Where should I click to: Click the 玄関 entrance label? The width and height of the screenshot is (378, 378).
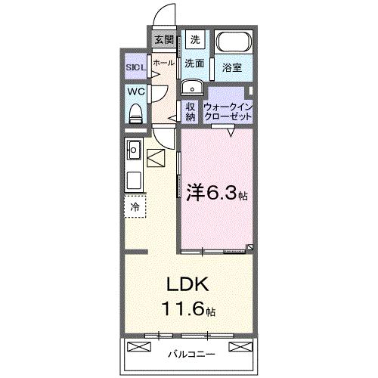point(164,39)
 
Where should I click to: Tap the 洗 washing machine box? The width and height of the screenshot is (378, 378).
point(195,39)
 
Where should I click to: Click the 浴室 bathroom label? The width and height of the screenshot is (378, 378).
point(233,67)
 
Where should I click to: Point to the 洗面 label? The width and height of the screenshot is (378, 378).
point(195,64)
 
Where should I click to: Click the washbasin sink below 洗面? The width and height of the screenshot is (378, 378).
point(190,85)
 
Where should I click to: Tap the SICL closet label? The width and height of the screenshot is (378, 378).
point(137,66)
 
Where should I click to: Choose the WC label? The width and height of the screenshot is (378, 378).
point(135,91)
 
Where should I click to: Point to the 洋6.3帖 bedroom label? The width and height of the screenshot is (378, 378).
point(215,193)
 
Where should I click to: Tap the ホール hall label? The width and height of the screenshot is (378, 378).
point(163,64)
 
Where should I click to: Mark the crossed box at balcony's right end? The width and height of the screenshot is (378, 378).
point(238,347)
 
